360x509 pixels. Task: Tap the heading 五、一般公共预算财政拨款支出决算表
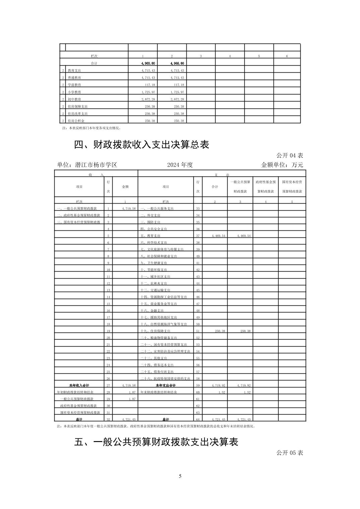156,442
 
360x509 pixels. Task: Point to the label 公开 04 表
290,155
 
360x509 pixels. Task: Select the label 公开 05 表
290,453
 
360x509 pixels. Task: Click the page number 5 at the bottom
180,476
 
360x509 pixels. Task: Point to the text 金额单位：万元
282,165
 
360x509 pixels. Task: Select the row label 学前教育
74,85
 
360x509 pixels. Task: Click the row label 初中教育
74,99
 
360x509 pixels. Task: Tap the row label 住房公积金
76,121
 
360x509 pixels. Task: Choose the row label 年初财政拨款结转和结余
75,392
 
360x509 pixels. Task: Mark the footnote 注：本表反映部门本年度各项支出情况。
92,128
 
